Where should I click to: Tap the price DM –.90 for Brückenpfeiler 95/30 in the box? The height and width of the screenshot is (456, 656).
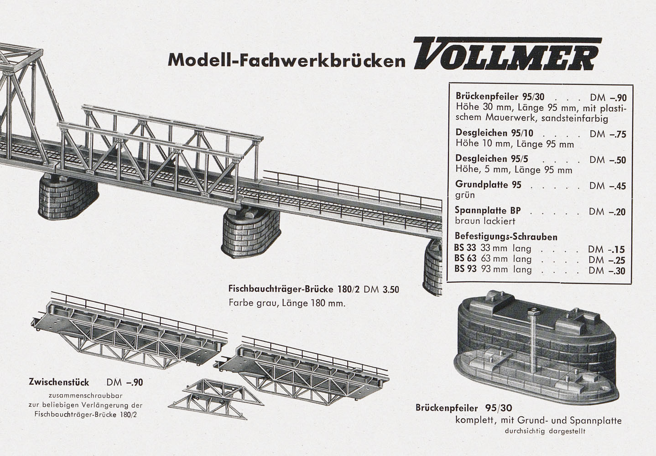point(608,98)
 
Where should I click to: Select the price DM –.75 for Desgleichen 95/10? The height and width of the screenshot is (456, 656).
point(608,134)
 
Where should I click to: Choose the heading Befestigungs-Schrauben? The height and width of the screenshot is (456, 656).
point(506,236)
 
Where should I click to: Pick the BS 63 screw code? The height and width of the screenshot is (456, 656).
point(465,258)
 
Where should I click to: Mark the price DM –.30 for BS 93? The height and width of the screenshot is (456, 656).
point(607,271)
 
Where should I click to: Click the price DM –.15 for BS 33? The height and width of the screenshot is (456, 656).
point(607,249)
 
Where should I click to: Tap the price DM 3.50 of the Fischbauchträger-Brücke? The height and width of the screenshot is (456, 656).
point(381,290)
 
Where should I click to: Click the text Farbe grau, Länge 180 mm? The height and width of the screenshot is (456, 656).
point(287,303)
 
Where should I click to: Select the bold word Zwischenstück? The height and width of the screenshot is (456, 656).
point(59,382)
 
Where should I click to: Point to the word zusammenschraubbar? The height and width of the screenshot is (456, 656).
point(85,396)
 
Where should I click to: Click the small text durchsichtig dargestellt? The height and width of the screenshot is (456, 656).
point(545,431)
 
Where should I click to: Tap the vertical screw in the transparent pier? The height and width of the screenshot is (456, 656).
point(533,339)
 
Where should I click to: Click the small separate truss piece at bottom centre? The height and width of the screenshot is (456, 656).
point(216,399)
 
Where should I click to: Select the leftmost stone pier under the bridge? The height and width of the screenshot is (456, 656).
point(68,197)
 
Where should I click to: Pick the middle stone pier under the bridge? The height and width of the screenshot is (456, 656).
point(251,233)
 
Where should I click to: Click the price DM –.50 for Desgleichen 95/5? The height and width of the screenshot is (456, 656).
point(608,160)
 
